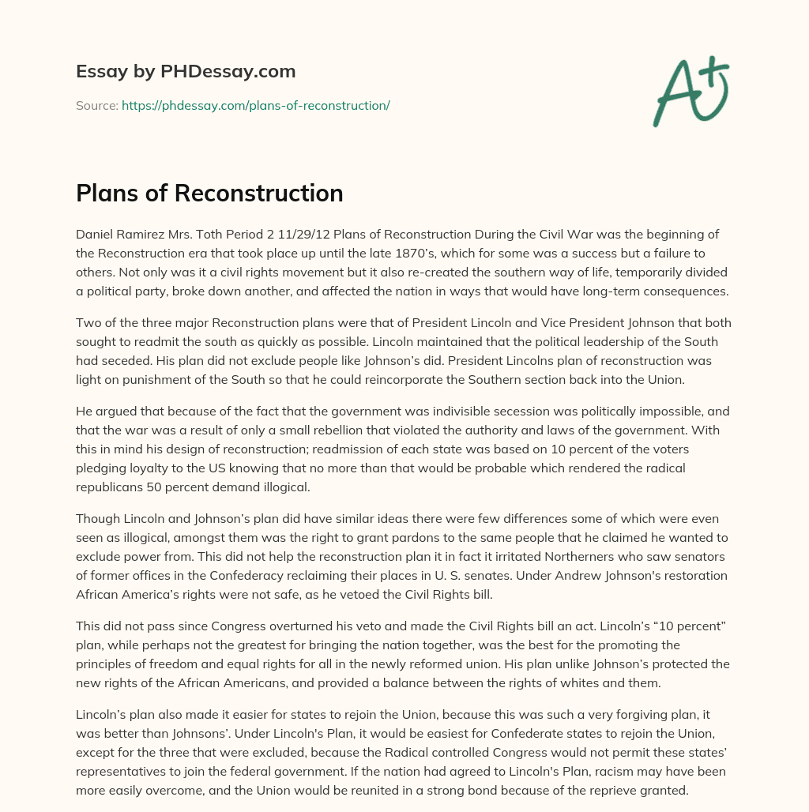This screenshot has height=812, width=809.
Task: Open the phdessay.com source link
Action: click(255, 105)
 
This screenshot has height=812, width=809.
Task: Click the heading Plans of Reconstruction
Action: click(209, 193)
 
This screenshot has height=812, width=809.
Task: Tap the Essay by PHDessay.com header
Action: click(186, 71)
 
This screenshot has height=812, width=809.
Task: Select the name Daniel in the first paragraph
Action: click(96, 235)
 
